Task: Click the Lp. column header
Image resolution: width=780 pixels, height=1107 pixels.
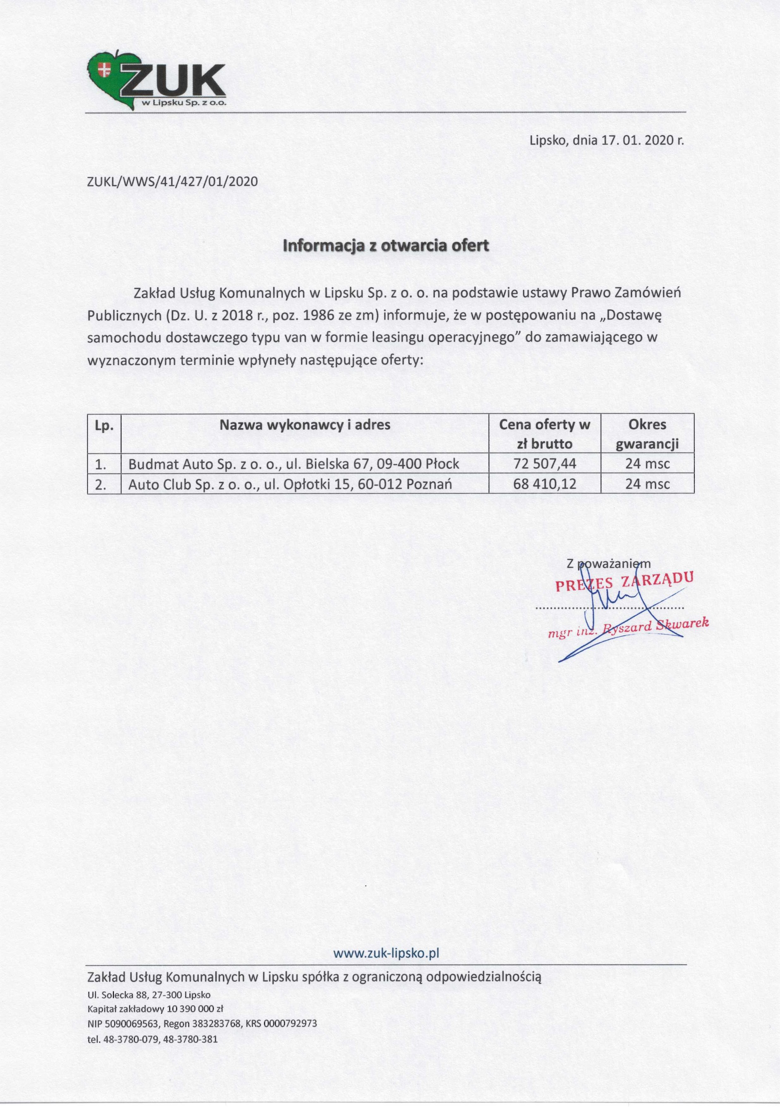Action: [x=104, y=426]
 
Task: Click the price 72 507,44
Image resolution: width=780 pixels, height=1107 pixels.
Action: [x=545, y=464]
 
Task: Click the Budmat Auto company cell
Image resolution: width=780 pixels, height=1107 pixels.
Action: [x=294, y=464]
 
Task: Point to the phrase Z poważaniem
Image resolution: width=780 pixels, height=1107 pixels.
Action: [x=608, y=563]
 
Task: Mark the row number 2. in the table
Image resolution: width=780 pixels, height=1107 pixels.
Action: [x=101, y=484]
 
